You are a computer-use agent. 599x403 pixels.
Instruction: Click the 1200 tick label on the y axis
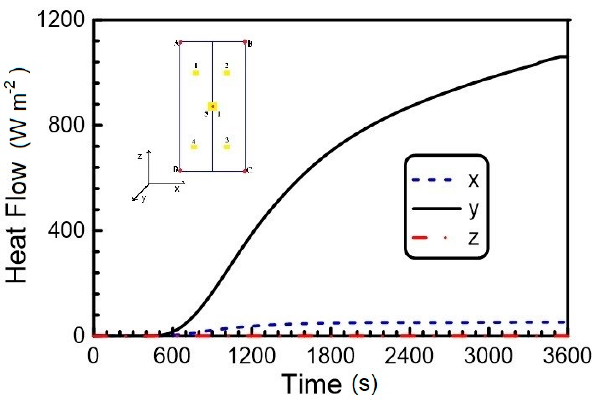point(61,20)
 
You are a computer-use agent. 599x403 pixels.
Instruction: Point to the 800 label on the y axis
point(66,125)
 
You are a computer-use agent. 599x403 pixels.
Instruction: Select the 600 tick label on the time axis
point(172,356)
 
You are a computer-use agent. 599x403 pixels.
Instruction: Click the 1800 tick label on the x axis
point(331,356)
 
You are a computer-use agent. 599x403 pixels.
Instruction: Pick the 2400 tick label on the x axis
point(409,356)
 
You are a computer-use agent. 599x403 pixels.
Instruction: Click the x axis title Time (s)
point(329,385)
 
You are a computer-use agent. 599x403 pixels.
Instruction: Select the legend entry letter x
point(473,180)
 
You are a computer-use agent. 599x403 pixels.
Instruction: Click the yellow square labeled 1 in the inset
point(196,73)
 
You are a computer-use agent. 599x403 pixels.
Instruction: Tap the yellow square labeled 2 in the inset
point(227,73)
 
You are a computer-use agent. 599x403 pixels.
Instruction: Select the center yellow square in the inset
point(212,106)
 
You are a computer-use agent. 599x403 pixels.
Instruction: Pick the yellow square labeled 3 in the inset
point(227,147)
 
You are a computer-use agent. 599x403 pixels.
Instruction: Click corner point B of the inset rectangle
point(245,42)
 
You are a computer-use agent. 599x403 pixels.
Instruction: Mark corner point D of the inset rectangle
point(180,170)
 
